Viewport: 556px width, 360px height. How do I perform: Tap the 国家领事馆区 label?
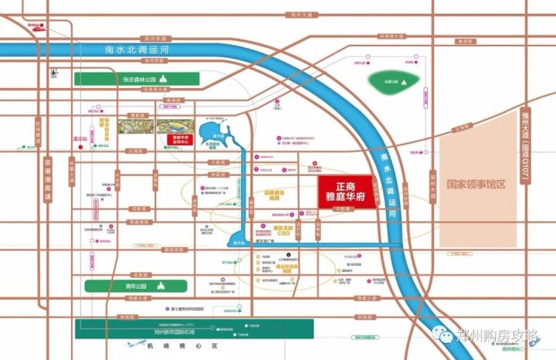pos(475,185)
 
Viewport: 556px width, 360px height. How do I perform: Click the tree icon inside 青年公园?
pos(162,285)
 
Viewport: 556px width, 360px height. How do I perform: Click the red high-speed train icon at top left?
pos(33,26)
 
